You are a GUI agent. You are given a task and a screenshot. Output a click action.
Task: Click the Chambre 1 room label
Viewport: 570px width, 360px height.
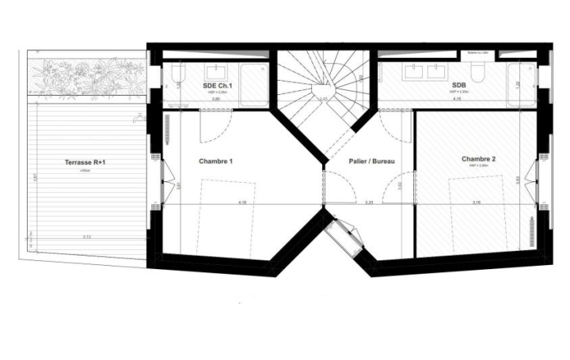pyautogui.click(x=215, y=161)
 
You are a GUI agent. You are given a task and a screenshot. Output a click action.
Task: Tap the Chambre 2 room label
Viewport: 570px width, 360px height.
pyautogui.click(x=478, y=159)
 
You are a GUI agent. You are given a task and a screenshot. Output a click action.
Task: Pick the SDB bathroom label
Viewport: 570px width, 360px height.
pyautogui.click(x=458, y=85)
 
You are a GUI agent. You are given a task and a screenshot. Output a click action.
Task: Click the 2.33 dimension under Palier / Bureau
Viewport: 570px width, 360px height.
pyautogui.click(x=369, y=203)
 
